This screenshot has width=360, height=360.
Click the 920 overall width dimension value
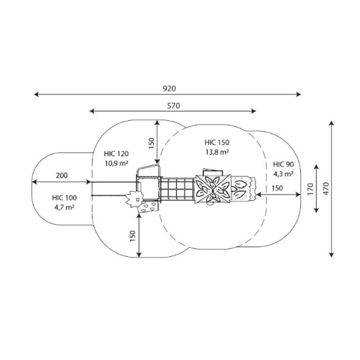169,88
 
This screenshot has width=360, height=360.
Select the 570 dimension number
173,106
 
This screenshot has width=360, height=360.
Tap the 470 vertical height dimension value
326,189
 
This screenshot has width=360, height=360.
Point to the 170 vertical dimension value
310,189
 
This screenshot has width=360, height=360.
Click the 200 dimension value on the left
62,176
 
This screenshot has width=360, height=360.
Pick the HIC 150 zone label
217,143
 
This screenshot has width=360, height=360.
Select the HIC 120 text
116,154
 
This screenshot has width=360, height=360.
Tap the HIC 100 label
64,198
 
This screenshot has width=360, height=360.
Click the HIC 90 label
283,164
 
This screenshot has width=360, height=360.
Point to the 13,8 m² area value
217,152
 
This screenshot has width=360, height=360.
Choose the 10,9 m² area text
117,164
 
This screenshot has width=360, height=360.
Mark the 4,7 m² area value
64,207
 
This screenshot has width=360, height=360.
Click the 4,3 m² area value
283,174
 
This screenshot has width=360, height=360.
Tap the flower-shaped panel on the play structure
135,199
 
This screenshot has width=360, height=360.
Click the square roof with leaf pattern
213,189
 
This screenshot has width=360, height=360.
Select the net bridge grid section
177,189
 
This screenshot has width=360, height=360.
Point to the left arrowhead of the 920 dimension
36,94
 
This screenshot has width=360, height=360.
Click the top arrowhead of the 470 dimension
331,123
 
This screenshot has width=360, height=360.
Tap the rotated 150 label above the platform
151,143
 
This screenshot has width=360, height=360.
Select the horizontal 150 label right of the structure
277,189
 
